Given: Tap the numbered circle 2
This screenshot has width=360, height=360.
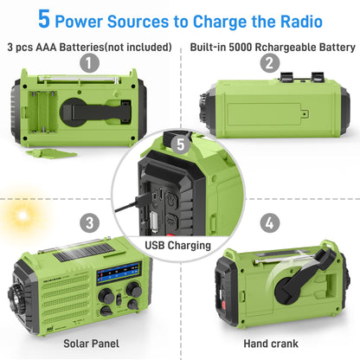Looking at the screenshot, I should pyautogui.click(x=270, y=62).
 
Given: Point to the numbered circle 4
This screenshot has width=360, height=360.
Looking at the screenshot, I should pyautogui.click(x=270, y=222).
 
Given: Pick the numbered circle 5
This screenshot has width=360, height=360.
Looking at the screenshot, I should pyautogui.click(x=179, y=145).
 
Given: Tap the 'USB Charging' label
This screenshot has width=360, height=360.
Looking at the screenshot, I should pyautogui.click(x=179, y=246).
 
